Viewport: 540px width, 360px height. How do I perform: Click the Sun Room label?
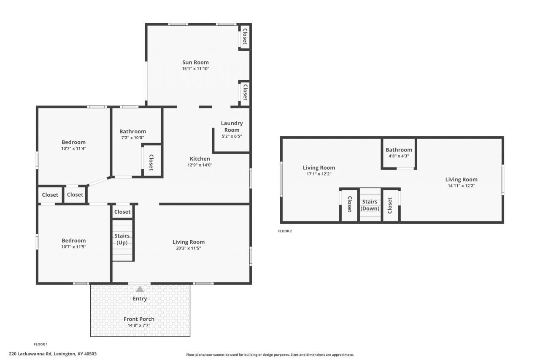point(195,62)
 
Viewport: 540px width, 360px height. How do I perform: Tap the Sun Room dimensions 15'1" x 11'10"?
point(195,69)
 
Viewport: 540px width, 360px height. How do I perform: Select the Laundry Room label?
point(232,127)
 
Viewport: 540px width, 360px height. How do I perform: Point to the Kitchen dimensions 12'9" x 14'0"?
point(200,165)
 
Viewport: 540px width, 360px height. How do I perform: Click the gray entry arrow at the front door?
point(140,290)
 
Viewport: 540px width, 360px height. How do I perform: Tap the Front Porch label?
point(139,319)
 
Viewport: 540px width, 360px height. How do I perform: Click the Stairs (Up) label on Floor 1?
point(122,239)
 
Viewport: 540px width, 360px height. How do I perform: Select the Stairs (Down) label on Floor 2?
point(370,205)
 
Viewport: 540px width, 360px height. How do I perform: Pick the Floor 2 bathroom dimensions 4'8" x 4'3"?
point(399,156)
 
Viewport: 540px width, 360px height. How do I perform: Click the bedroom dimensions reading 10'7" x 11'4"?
point(73,149)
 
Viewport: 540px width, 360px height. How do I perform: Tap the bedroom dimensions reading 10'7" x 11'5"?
point(73,247)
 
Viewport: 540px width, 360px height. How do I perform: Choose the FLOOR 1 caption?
point(41,344)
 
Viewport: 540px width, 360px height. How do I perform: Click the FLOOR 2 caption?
point(285,231)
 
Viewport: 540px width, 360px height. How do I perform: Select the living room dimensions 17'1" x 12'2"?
point(319,174)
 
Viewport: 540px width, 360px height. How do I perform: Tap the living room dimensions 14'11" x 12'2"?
point(461,186)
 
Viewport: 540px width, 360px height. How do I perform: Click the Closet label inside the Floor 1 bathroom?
point(151,162)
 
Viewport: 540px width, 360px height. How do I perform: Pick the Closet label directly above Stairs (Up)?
point(122,212)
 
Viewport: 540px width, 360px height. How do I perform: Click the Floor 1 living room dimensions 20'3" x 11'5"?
point(188,248)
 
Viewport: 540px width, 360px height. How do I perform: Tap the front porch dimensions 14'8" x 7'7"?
point(139,325)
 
